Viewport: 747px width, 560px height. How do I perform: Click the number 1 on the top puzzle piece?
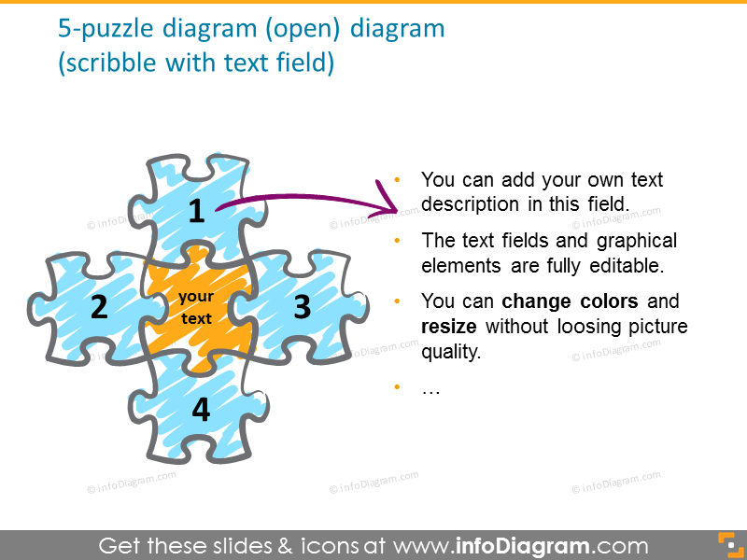[196, 212]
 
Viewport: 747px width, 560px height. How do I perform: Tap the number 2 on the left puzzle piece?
[100, 306]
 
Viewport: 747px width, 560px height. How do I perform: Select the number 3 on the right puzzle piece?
[302, 307]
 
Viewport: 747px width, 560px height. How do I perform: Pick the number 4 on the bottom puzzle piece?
[201, 409]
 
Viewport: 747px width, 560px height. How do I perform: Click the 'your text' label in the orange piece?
[196, 307]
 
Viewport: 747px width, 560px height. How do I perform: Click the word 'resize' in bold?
[451, 328]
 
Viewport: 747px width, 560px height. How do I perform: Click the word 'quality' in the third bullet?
[451, 353]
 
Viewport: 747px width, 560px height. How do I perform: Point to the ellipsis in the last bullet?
[430, 388]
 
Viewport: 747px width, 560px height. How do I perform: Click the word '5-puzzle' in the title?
[96, 29]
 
